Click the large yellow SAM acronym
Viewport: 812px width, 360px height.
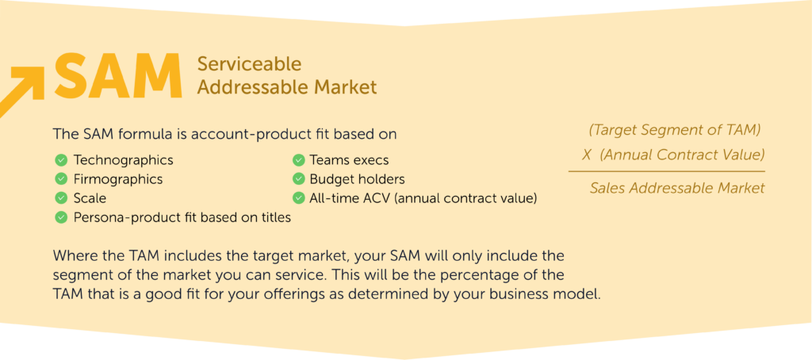(x=117, y=76)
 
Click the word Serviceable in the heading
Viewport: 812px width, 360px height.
(x=249, y=63)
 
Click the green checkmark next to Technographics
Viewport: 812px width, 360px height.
(x=60, y=160)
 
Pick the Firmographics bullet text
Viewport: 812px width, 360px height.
(x=118, y=179)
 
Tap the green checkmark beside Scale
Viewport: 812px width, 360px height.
(x=60, y=198)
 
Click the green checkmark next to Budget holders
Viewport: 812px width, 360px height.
(x=298, y=179)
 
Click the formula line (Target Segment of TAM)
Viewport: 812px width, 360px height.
(x=675, y=130)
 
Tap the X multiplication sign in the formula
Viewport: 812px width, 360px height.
(x=587, y=155)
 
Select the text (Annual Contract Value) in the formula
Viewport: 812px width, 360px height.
(x=682, y=155)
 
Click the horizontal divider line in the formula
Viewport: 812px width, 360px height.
(x=666, y=171)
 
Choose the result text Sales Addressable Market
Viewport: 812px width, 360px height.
(x=677, y=189)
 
